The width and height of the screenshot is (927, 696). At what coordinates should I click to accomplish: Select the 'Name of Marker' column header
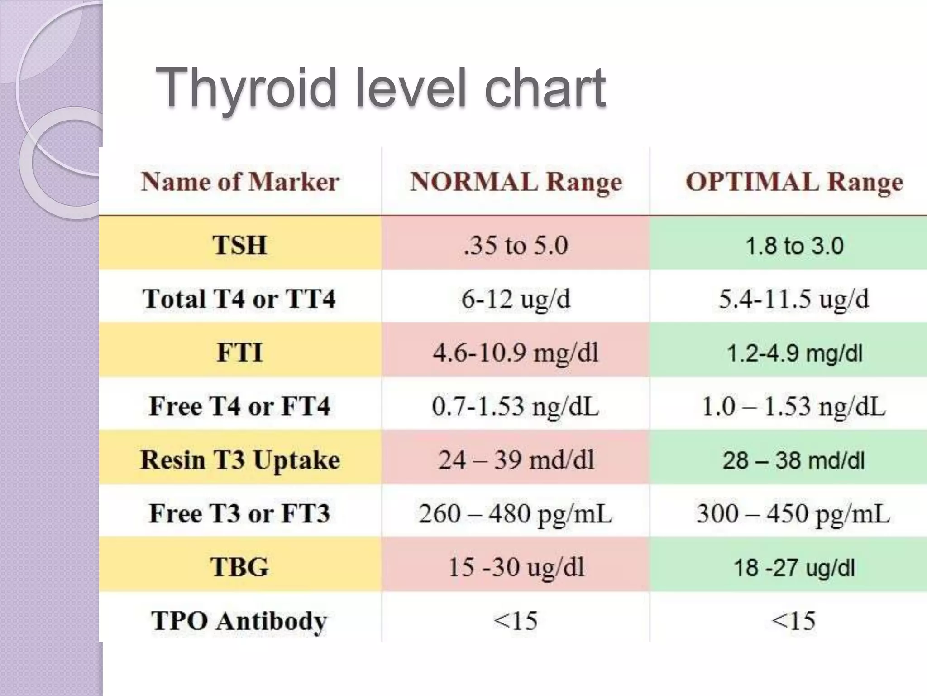tap(240, 182)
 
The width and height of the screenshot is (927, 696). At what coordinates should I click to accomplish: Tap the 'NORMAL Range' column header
tap(516, 182)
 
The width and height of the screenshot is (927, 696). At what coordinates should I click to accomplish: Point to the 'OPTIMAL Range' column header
tap(794, 182)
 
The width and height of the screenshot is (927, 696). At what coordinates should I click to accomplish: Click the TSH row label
tap(240, 245)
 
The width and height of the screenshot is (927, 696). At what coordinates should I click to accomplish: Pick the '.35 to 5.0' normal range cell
tap(516, 245)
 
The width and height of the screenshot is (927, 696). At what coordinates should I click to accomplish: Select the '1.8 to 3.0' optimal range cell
tap(794, 246)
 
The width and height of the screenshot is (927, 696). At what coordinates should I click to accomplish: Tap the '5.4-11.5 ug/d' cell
tap(794, 299)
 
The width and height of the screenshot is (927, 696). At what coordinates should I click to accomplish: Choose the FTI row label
tap(240, 353)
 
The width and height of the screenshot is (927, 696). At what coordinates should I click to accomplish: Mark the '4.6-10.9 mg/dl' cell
tap(516, 353)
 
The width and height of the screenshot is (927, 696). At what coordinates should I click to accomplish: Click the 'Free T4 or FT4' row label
tap(239, 406)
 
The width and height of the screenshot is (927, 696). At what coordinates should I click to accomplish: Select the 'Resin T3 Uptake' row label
tap(240, 460)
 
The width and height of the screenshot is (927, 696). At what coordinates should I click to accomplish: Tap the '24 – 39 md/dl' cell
tap(516, 460)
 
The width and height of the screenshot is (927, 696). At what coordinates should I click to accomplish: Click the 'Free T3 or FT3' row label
tap(239, 513)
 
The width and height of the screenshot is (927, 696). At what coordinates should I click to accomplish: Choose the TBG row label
tap(239, 567)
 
